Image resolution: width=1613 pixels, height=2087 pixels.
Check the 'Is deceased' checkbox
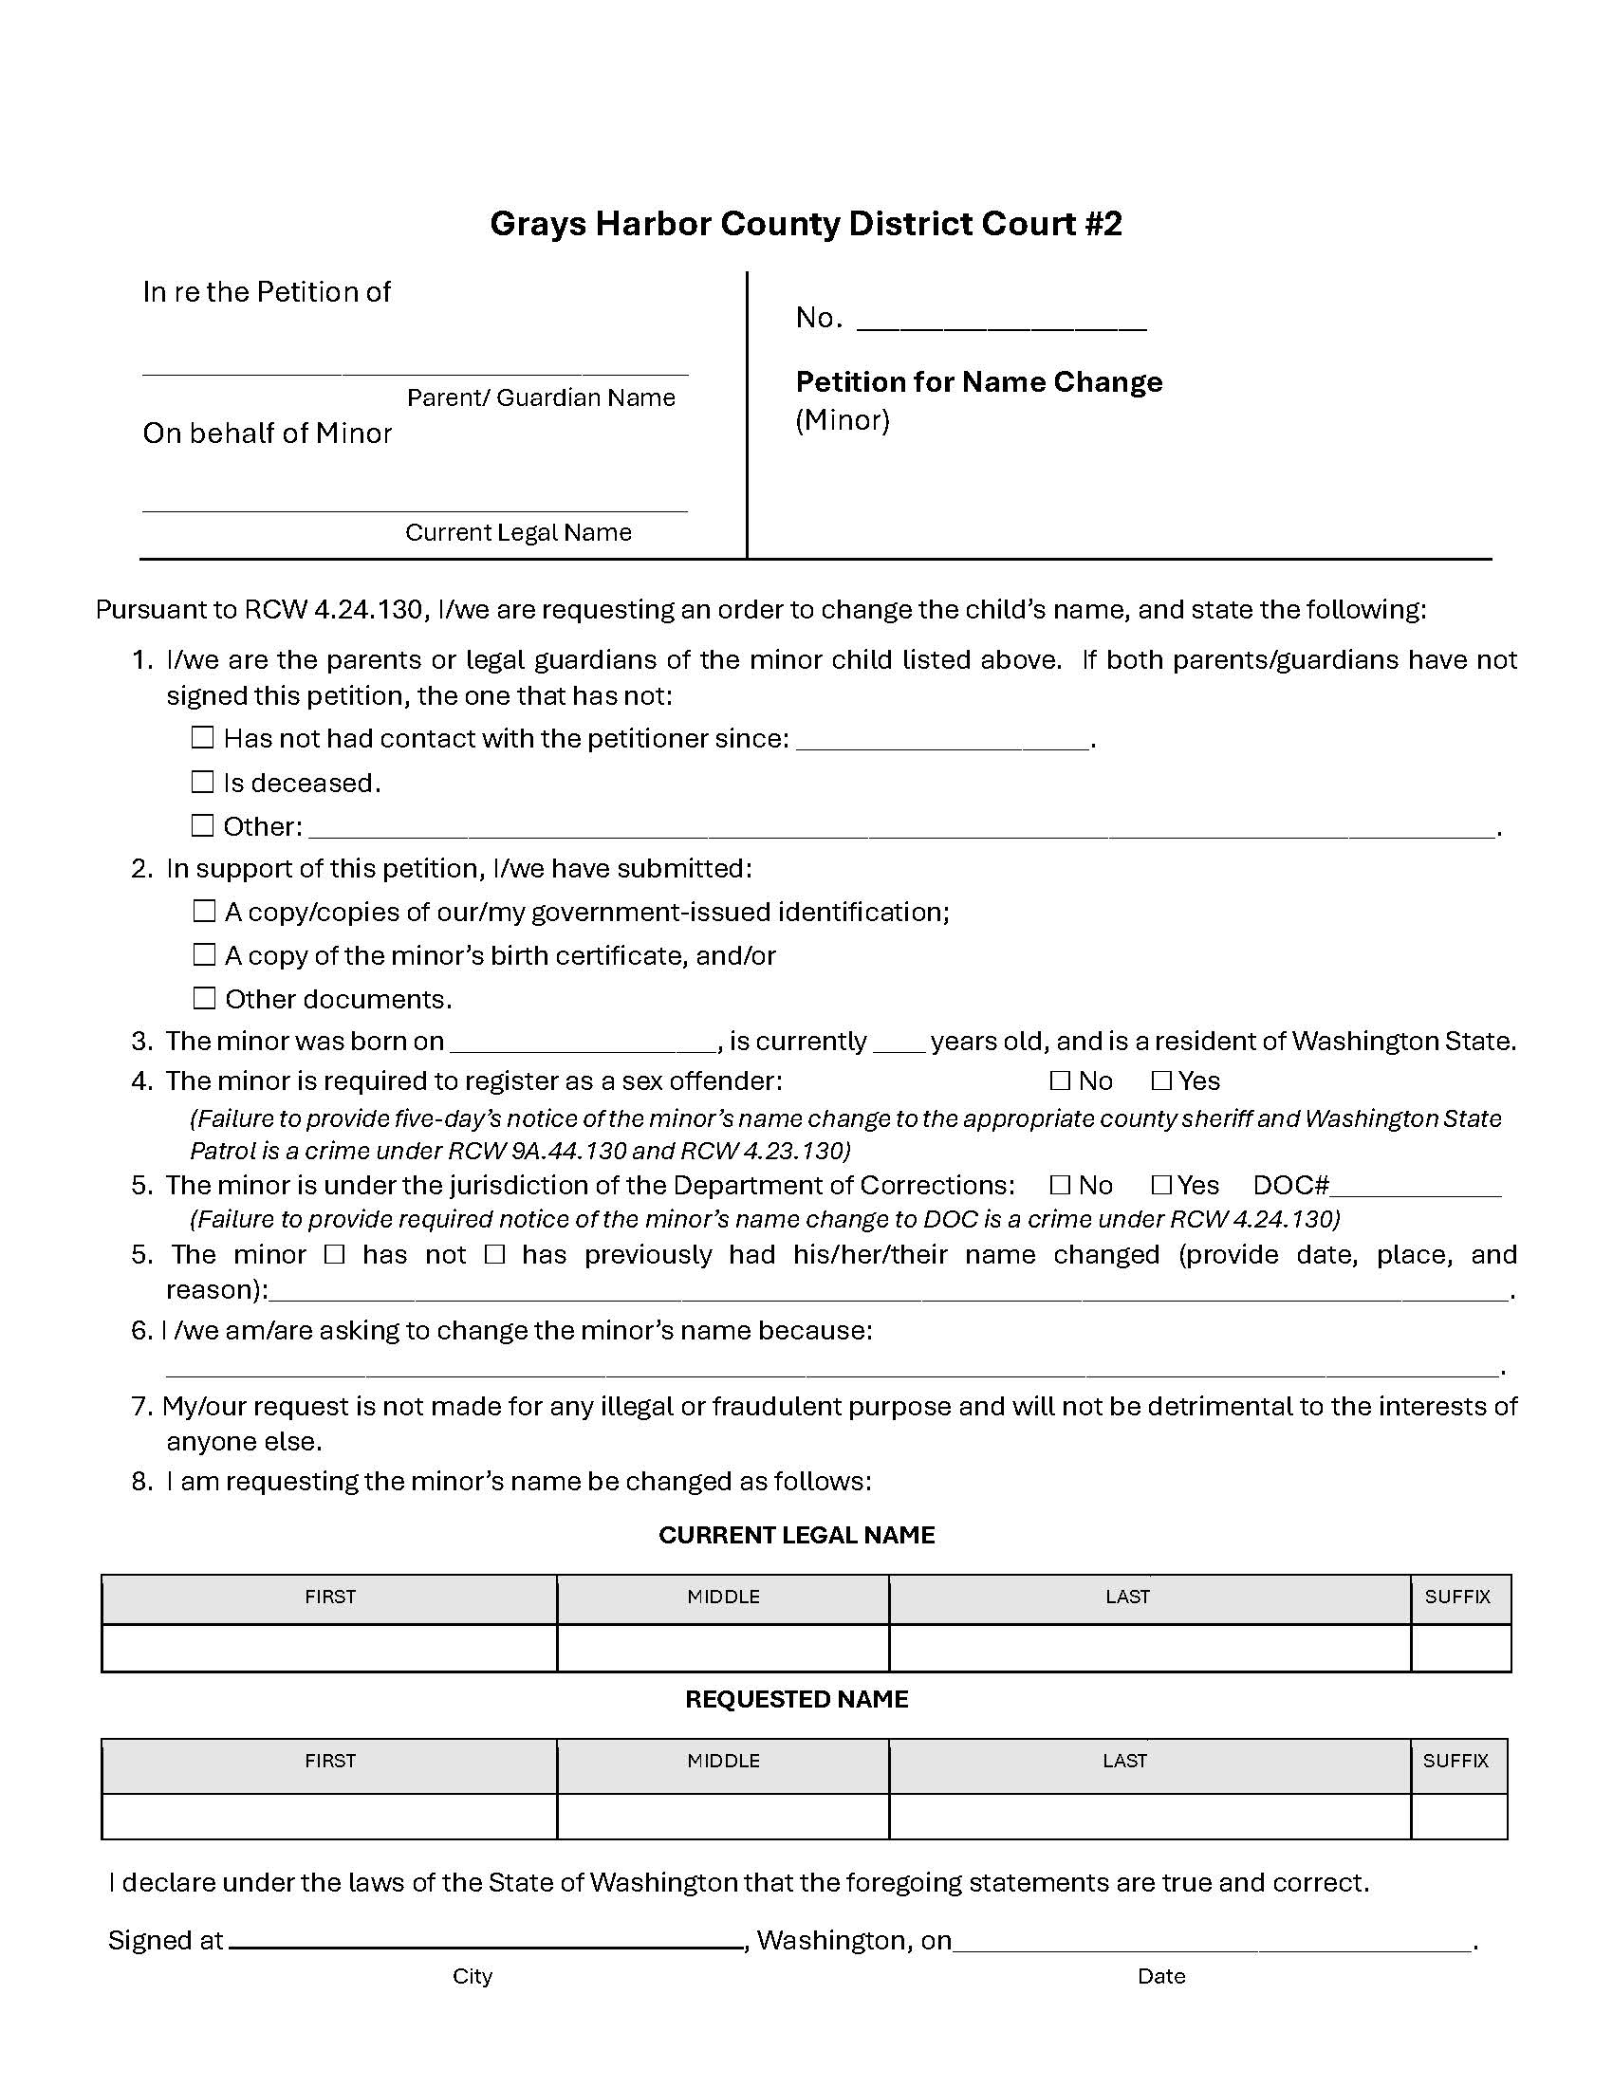tap(203, 782)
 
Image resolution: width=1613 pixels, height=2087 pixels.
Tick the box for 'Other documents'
tap(205, 998)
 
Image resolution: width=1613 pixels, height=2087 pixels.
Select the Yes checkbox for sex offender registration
tap(1162, 1080)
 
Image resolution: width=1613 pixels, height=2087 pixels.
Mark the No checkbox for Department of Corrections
tap(1060, 1185)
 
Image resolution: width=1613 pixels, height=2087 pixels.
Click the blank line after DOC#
tap(1416, 1187)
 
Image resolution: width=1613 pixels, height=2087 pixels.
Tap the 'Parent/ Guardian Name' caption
tap(541, 397)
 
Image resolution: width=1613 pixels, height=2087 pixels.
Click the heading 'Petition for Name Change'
tap(978, 382)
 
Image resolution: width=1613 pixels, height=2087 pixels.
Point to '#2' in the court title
tap(1103, 224)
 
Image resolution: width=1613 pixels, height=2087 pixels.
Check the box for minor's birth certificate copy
tap(205, 954)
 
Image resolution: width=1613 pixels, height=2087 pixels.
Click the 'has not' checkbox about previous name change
tap(334, 1255)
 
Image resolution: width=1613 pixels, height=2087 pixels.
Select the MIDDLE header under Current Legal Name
tap(723, 1597)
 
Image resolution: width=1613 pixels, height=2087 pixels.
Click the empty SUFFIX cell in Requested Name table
tap(1458, 1816)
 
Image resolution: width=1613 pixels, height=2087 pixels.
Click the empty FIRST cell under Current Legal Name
tap(329, 1648)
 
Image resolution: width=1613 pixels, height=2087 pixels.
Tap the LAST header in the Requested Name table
tap(1124, 1760)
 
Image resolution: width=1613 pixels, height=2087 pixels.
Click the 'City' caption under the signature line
tap(473, 1976)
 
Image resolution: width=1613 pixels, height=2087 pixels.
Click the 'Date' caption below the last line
tap(1161, 1976)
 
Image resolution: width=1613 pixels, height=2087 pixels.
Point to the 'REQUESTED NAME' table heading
tap(796, 1699)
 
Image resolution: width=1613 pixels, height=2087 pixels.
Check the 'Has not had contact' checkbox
tap(203, 738)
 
